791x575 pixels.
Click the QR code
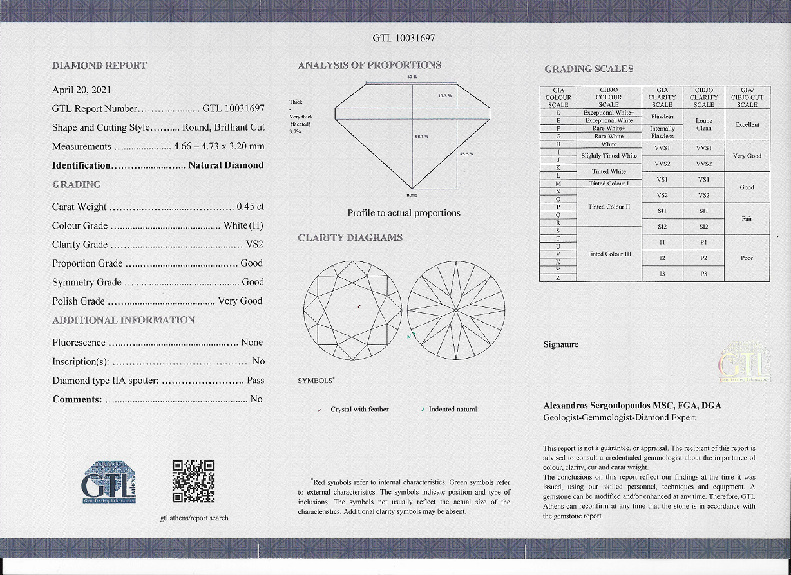coord(193,481)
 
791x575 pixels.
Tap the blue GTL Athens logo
coord(109,482)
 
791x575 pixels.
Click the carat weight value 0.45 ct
coord(251,207)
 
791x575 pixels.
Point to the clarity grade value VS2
coord(254,245)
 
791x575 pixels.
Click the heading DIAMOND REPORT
coord(99,66)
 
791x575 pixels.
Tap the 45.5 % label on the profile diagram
coord(466,153)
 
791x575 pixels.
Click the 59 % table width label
coord(412,77)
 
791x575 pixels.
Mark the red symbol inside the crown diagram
coord(359,306)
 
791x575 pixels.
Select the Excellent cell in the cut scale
coord(747,124)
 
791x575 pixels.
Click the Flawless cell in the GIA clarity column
coord(662,117)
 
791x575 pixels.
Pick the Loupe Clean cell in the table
coord(703,124)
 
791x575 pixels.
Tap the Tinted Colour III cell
coord(609,254)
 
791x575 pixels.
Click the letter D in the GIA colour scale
coord(558,113)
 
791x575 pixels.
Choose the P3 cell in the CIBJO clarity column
coord(703,274)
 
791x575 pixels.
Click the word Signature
coord(561,344)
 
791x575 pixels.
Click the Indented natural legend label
coord(453,409)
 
